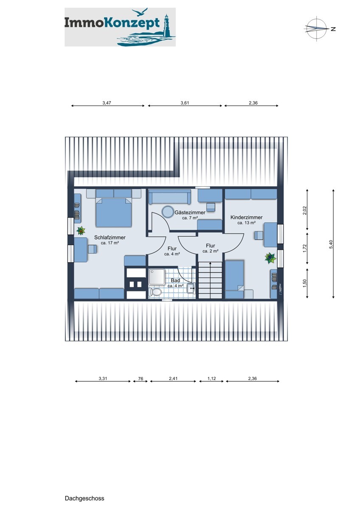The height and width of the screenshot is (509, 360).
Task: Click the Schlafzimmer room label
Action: pyautogui.click(x=110, y=238)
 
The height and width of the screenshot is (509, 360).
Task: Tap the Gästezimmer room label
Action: pyautogui.click(x=190, y=213)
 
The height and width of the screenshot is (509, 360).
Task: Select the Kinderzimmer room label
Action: pyautogui.click(x=246, y=218)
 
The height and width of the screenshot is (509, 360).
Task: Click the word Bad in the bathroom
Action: pyautogui.click(x=175, y=281)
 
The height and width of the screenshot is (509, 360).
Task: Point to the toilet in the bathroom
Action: pyautogui.click(x=155, y=291)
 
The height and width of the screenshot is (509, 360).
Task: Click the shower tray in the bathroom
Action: pyautogui.click(x=157, y=277)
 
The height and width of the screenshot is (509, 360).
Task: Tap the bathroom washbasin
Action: pyautogui.click(x=191, y=288)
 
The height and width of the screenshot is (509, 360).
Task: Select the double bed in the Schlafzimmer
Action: pyautogui.click(x=114, y=208)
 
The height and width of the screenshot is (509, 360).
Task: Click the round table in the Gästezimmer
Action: pyautogui.click(x=168, y=212)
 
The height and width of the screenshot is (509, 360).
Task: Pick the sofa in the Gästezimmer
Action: pyautogui.click(x=170, y=197)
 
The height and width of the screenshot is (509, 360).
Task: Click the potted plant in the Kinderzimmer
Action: pyautogui.click(x=270, y=258)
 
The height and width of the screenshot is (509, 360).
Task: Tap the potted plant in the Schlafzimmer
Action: pyautogui.click(x=81, y=231)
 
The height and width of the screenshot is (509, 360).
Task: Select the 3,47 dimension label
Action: pyautogui.click(x=107, y=103)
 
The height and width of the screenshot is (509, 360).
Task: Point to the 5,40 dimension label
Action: pyautogui.click(x=331, y=244)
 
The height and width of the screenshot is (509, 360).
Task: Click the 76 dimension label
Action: pyautogui.click(x=141, y=378)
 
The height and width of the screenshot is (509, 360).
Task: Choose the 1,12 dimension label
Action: pyautogui.click(x=211, y=378)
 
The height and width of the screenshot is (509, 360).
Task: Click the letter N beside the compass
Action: pyautogui.click(x=333, y=29)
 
